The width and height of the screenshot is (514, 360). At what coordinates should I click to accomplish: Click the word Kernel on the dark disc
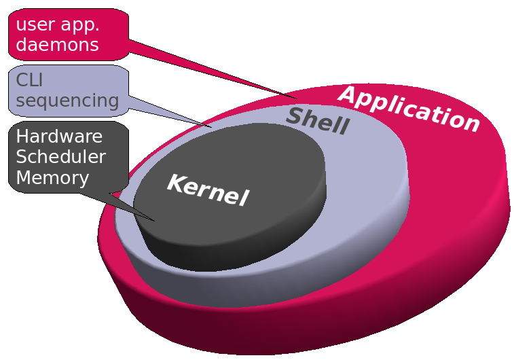click(208, 190)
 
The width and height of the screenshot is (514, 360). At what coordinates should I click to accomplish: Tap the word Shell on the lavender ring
click(317, 121)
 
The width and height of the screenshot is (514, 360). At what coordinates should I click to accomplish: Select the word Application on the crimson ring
click(409, 109)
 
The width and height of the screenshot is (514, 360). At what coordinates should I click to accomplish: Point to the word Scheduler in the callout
click(60, 157)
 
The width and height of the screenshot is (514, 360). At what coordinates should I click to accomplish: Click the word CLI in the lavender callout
click(29, 80)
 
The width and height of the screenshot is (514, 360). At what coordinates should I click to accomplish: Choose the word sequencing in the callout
click(67, 101)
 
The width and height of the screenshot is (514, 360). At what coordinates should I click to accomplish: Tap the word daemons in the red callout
click(57, 46)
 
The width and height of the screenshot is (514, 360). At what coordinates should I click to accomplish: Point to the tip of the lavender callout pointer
click(211, 126)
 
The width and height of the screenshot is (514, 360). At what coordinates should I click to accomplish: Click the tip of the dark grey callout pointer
click(155, 220)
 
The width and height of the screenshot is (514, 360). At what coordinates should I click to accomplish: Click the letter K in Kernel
click(176, 183)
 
